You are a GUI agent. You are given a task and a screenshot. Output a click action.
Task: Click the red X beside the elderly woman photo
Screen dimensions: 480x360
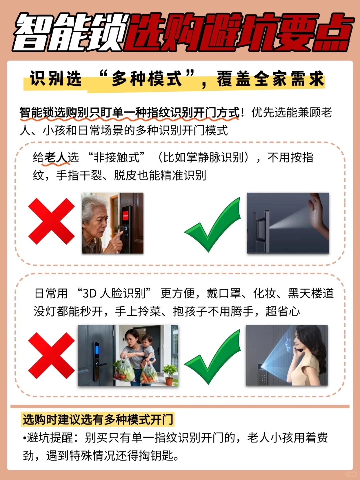51,221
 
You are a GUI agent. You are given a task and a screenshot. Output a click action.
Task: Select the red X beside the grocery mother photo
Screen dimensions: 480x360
51,355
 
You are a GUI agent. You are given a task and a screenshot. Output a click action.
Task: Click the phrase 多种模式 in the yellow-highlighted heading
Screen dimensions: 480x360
147,79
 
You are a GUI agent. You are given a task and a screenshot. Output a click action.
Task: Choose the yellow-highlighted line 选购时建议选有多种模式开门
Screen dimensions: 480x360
98,419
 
